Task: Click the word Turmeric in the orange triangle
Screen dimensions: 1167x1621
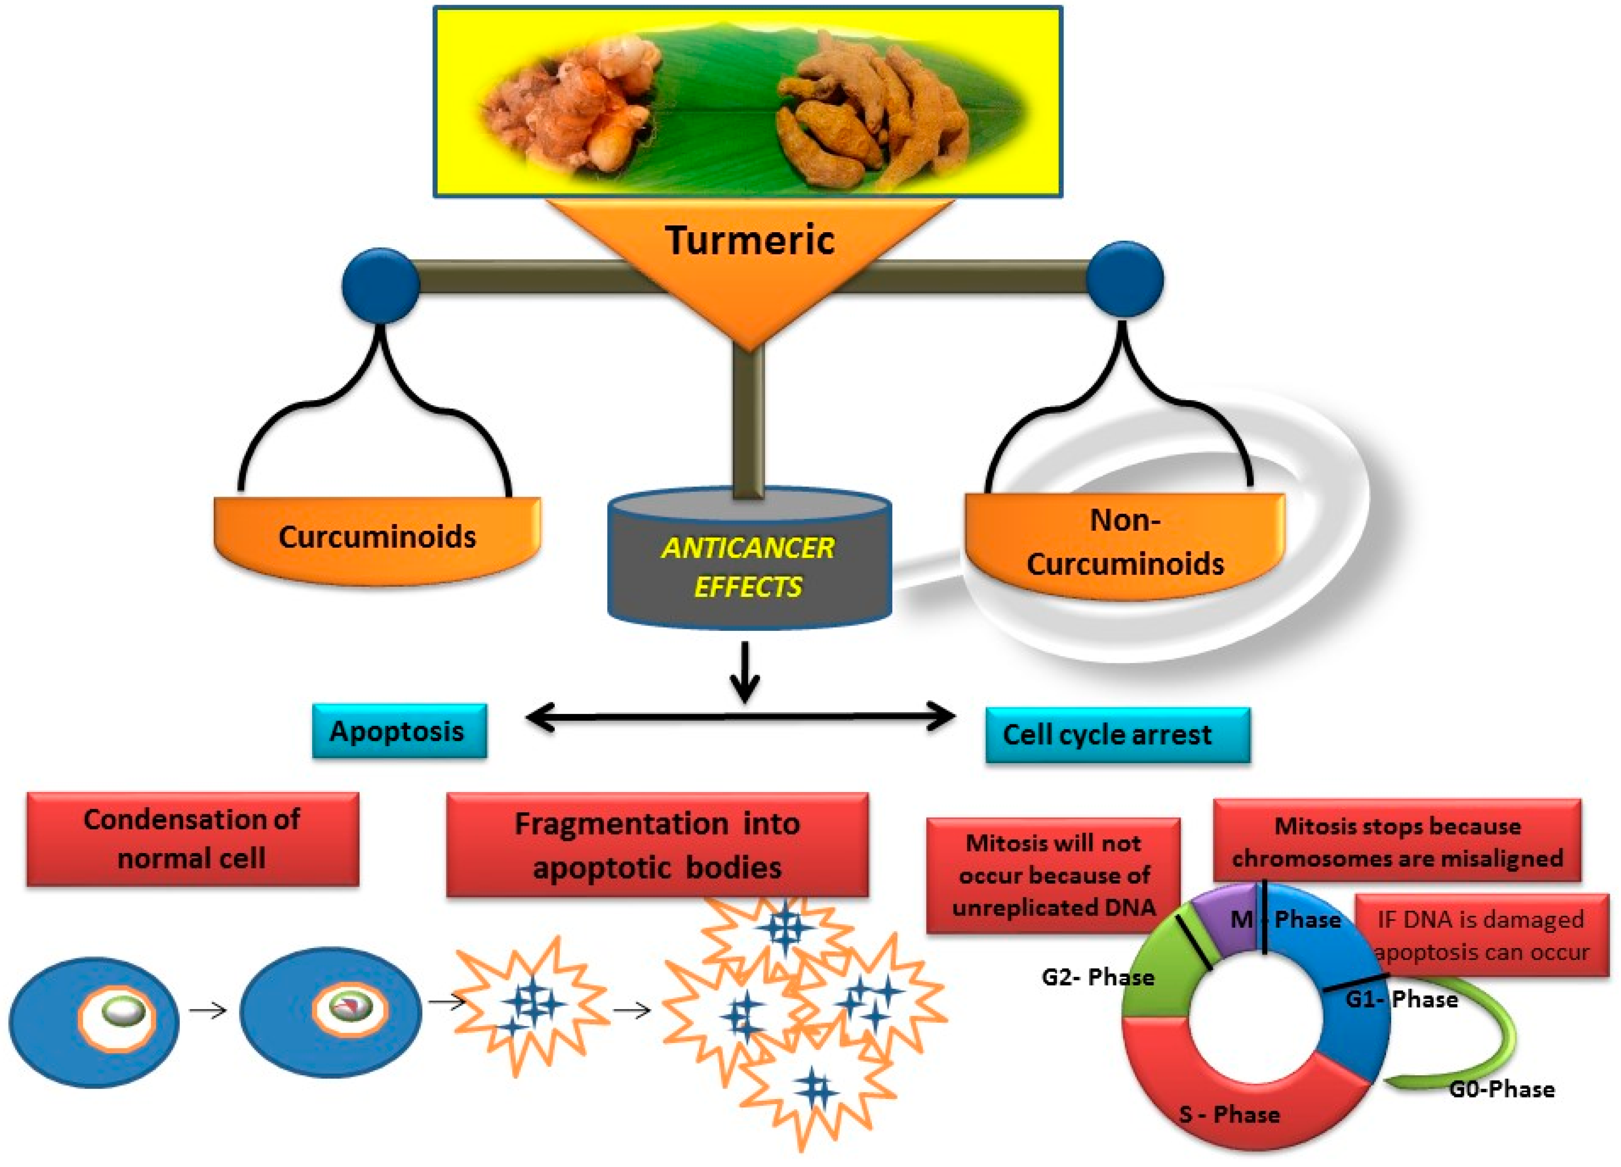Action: point(749,240)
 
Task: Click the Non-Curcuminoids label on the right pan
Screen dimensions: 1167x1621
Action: point(1124,543)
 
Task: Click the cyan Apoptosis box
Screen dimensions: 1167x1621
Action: point(399,731)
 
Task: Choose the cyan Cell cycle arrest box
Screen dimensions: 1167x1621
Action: point(1116,735)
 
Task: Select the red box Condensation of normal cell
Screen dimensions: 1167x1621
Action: point(192,839)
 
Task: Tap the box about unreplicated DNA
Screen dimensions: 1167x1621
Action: point(1052,875)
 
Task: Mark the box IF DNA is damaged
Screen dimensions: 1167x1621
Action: point(1482,935)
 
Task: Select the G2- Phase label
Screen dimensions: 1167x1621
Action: point(1097,977)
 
